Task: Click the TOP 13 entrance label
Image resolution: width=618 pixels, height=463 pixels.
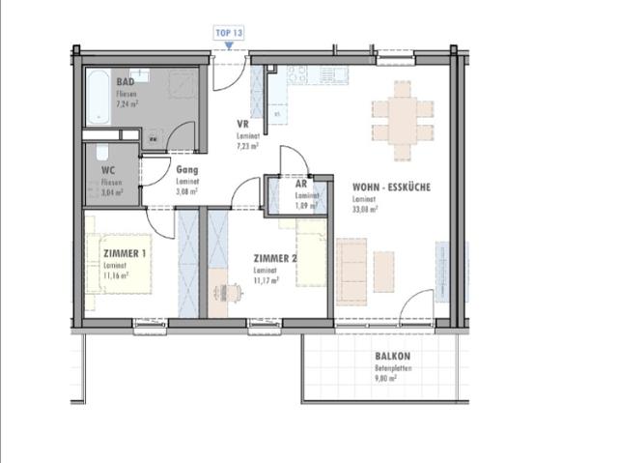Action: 228,32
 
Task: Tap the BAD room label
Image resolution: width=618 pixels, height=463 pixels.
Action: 126,83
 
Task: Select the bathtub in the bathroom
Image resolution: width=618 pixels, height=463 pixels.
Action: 98,97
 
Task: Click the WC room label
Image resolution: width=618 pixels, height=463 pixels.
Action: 108,171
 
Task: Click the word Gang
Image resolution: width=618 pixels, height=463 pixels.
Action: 187,169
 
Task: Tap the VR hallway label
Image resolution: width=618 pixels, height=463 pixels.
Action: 244,125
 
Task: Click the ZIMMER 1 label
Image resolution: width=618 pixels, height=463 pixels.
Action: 124,253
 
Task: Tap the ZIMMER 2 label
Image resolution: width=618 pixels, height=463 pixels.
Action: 274,259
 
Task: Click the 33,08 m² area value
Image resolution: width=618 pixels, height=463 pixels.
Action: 364,207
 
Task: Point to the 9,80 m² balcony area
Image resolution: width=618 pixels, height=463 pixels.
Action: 386,379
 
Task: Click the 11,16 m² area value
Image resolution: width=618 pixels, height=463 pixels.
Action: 117,275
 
